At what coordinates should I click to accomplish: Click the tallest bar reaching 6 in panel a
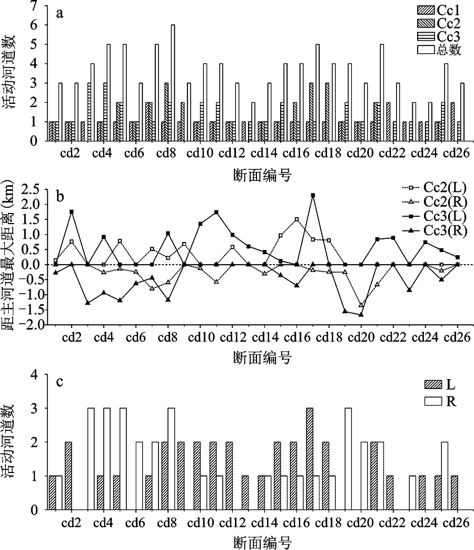(173, 82)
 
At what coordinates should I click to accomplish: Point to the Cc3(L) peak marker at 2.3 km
(313, 195)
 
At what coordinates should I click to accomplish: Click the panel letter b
(61, 197)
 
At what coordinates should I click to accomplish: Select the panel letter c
(60, 382)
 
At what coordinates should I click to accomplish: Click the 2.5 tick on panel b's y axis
(29, 189)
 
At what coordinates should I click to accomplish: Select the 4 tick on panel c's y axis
(36, 374)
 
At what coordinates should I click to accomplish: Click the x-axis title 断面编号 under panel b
(263, 358)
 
